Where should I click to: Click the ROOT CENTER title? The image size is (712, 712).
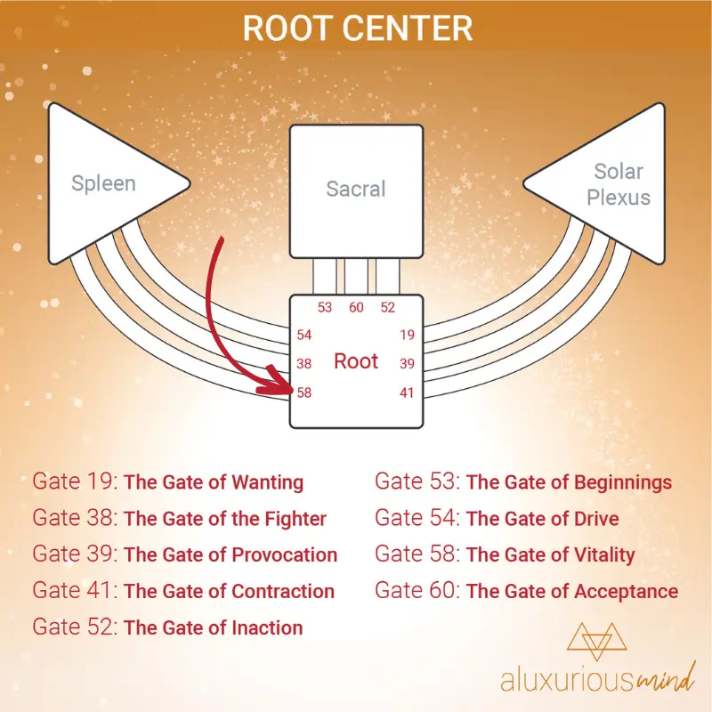(358, 28)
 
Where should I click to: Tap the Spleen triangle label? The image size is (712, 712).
(103, 184)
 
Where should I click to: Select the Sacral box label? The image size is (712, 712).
(356, 189)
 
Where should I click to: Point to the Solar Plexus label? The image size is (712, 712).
(619, 184)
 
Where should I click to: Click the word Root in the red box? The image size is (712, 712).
(356, 361)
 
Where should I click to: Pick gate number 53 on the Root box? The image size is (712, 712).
(325, 307)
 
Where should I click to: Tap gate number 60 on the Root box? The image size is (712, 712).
(357, 307)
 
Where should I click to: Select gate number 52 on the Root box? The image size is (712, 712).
(388, 307)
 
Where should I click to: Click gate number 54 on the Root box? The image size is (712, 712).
(304, 336)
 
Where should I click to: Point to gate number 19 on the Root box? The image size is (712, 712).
(408, 336)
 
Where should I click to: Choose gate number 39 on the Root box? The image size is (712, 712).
(408, 364)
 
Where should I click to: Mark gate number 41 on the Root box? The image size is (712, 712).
(407, 392)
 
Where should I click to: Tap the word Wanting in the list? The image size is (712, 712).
(268, 482)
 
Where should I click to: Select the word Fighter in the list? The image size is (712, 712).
(295, 519)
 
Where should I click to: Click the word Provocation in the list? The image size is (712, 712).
(285, 554)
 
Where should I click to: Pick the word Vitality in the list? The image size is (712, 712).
(604, 554)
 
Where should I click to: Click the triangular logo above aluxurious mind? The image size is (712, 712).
(596, 641)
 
